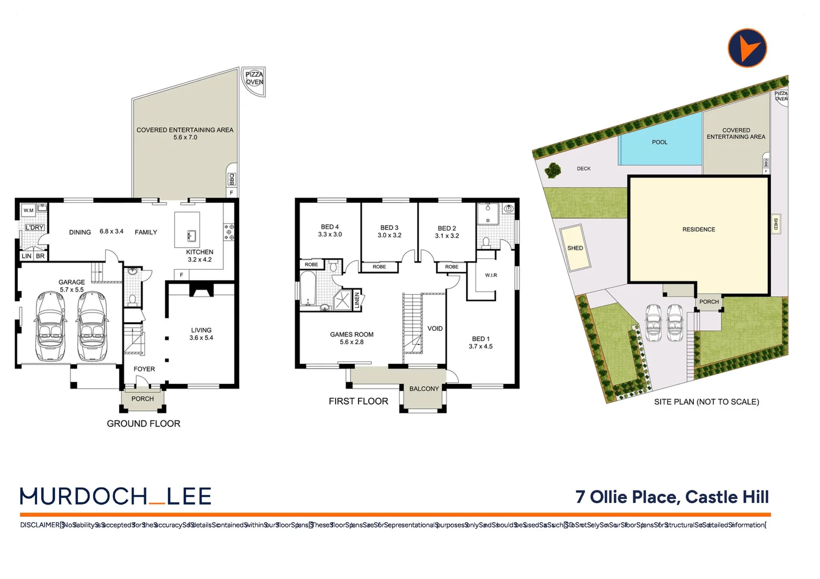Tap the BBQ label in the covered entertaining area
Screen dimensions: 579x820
coord(232,179)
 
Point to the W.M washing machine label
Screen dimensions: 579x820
coord(28,210)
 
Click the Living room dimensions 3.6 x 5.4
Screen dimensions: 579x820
coord(201,338)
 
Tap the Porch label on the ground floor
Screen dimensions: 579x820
coord(142,399)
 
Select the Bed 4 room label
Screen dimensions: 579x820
coord(330,227)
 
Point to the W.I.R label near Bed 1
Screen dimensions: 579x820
coord(491,275)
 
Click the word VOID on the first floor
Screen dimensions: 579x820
coord(435,329)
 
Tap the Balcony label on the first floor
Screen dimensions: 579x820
coord(424,389)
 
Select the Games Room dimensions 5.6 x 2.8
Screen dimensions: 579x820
coord(352,342)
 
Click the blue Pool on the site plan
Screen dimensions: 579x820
coord(660,141)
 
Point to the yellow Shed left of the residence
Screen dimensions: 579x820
coord(575,248)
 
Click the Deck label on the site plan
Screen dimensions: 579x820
coord(583,168)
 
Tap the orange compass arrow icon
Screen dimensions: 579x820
coord(747,48)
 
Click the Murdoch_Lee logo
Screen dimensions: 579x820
coord(116,496)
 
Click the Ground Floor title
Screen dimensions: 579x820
coord(143,424)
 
